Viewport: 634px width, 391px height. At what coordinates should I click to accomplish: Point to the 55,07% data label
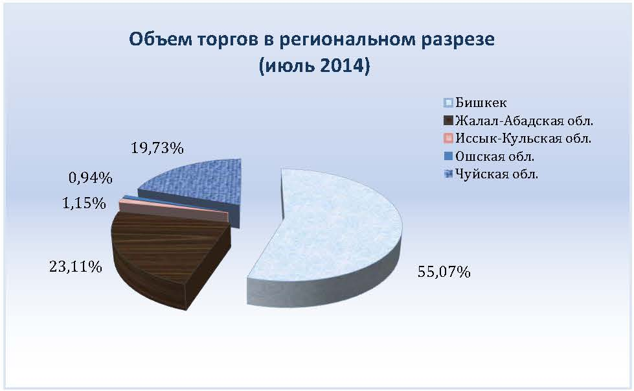444,272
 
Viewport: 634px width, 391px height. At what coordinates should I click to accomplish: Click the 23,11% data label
76,267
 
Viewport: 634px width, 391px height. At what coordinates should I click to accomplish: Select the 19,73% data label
157,148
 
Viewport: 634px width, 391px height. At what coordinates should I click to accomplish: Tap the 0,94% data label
90,178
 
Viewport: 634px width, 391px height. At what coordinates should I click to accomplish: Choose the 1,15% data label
84,203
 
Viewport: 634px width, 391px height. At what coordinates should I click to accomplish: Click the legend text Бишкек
481,103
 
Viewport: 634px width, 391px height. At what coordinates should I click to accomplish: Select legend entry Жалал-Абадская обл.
524,121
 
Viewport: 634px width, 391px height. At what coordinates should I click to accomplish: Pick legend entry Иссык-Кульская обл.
523,138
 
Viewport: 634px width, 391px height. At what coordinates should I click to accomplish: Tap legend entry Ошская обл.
495,156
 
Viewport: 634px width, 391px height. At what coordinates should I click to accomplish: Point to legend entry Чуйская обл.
497,174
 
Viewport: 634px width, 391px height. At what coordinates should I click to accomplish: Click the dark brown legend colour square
448,121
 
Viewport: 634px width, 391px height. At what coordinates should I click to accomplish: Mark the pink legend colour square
448,138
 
